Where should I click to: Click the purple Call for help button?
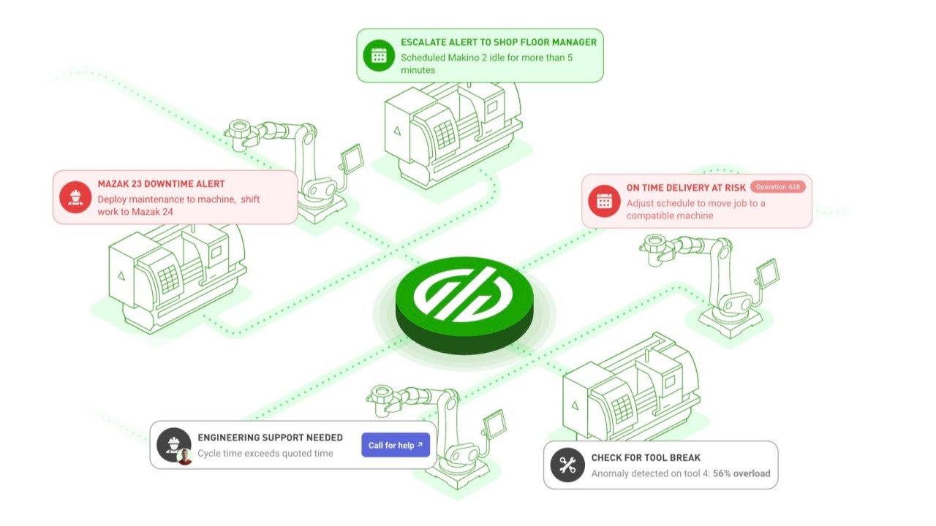point(395,445)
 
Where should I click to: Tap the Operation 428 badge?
point(777,187)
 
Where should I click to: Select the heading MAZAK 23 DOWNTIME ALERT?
point(161,184)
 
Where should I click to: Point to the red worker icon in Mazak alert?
point(75,198)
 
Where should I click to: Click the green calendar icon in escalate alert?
point(378,56)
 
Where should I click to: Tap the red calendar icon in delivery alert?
point(604,201)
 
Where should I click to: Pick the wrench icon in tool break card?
point(567,465)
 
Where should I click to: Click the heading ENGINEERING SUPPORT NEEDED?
point(270,438)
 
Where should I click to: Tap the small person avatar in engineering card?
point(185,457)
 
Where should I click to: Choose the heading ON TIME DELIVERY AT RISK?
point(686,188)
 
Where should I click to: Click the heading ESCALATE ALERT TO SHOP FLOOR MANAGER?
point(498,42)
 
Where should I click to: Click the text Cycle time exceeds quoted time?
point(265,454)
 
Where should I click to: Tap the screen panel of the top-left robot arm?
point(352,156)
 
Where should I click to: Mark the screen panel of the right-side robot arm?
point(767,272)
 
